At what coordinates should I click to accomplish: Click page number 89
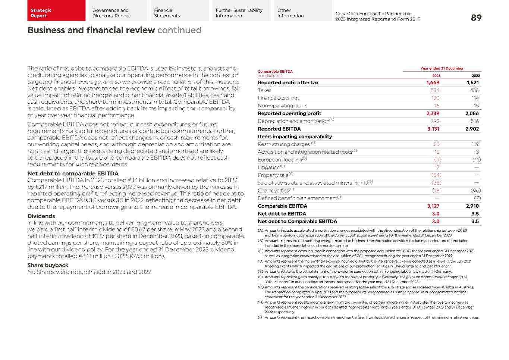tap(476, 18)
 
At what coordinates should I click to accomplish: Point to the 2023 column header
tap(436, 76)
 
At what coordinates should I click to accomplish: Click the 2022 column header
tap(476, 76)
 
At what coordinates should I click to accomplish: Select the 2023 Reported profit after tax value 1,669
tap(433, 83)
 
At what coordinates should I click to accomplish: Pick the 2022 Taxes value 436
tap(474, 90)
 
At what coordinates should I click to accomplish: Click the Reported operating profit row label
tap(289, 113)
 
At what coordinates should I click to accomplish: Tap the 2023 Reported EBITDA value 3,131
tap(433, 129)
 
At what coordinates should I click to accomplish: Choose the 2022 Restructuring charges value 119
tap(475, 144)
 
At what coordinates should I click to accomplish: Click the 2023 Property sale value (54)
tap(436, 175)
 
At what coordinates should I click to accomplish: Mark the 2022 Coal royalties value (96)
tap(475, 191)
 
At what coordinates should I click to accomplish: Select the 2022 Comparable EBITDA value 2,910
tap(472, 206)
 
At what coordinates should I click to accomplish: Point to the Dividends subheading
tap(41, 216)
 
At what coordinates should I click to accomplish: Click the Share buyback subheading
tap(48, 265)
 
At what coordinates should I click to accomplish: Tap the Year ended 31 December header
tap(442, 69)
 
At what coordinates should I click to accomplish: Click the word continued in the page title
tap(179, 30)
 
